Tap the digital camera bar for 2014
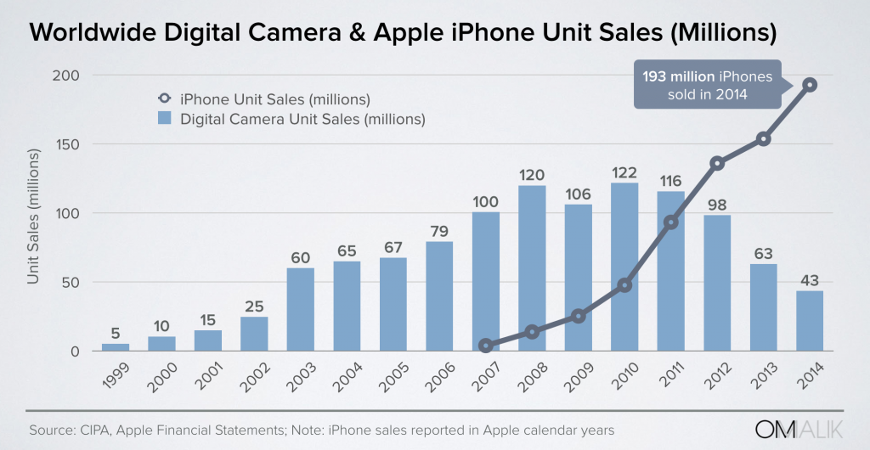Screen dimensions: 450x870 (x=808, y=321)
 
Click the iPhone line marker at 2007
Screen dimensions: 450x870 (x=486, y=346)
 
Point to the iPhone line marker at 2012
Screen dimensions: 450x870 (x=716, y=163)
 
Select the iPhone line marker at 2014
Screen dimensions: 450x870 (x=810, y=85)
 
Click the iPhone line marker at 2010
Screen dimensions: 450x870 (x=624, y=285)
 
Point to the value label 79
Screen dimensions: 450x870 (x=439, y=228)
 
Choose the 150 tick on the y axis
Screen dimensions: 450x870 (x=68, y=144)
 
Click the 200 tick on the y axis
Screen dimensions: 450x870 (x=68, y=76)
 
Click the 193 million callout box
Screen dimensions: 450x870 (x=707, y=86)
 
